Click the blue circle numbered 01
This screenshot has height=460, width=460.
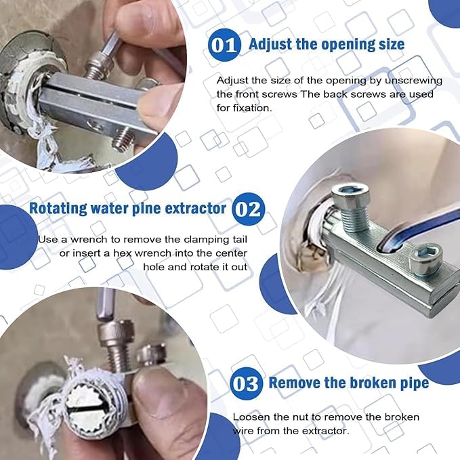pos(224,45)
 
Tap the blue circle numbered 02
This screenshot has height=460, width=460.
pos(248,209)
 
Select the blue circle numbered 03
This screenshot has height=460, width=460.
pos(246,383)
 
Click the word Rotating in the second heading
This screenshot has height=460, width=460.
pos(58,208)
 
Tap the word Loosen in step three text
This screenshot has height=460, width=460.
pos(250,417)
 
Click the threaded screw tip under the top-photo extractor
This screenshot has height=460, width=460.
pos(122,140)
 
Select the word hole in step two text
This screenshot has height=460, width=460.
pos(154,266)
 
